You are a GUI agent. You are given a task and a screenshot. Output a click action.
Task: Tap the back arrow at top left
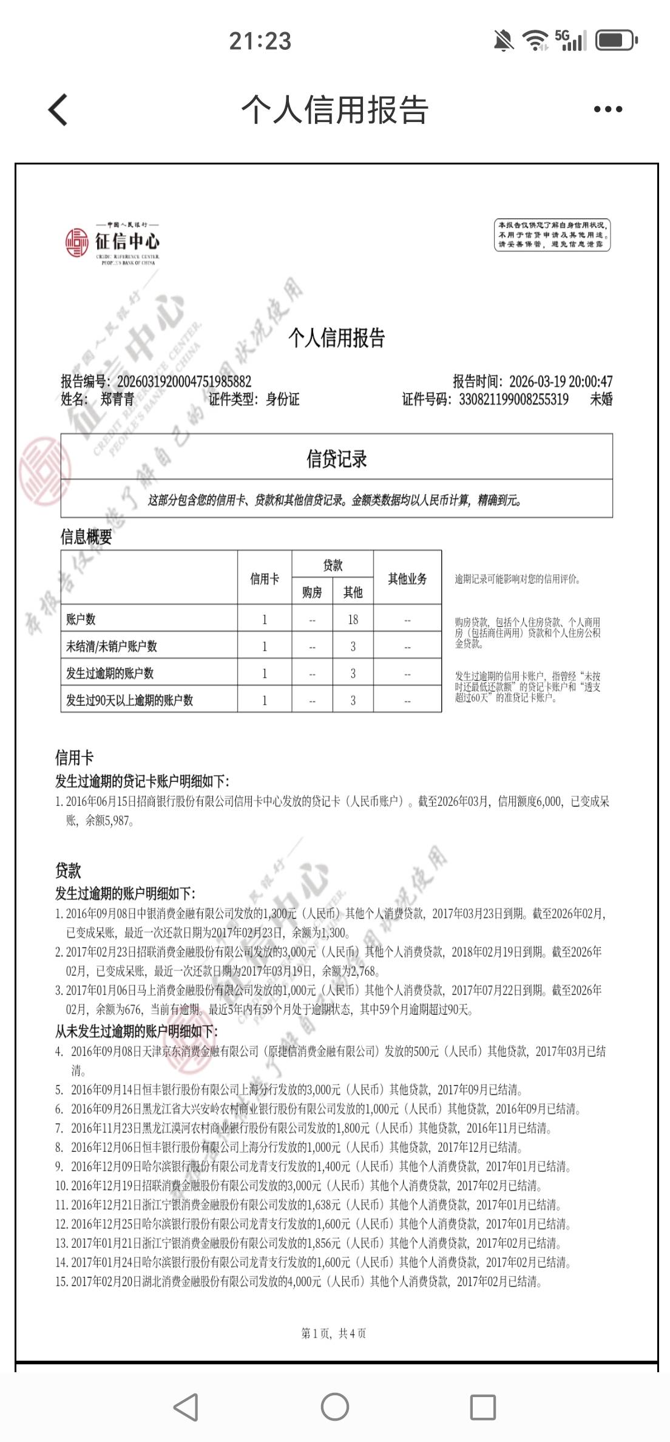pyautogui.click(x=58, y=110)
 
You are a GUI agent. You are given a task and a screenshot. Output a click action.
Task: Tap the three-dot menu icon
pyautogui.click(x=607, y=110)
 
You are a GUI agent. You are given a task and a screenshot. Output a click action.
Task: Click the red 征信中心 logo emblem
pyautogui.click(x=77, y=242)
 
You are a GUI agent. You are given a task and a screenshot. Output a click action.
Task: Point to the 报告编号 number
pyautogui.click(x=184, y=381)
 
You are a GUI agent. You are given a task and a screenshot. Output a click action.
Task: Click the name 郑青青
pyautogui.click(x=117, y=399)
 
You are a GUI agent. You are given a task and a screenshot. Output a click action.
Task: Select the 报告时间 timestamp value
pyautogui.click(x=561, y=381)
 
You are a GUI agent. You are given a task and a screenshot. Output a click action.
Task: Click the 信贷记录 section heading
pyautogui.click(x=336, y=459)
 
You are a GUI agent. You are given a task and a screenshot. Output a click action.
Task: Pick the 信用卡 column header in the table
pyautogui.click(x=265, y=578)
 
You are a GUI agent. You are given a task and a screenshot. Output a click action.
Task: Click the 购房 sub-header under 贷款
pyautogui.click(x=312, y=592)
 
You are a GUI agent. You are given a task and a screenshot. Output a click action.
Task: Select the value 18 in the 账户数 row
pyautogui.click(x=353, y=619)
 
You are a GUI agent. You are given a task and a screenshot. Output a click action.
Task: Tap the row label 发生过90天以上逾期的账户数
pyautogui.click(x=130, y=700)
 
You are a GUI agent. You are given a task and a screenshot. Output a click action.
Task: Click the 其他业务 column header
pyautogui.click(x=407, y=578)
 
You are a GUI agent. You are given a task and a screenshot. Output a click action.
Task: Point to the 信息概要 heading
pyautogui.click(x=86, y=537)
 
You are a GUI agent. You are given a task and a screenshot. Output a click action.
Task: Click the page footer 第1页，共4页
pyautogui.click(x=334, y=1333)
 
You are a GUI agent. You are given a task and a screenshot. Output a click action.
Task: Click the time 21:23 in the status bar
pyautogui.click(x=260, y=41)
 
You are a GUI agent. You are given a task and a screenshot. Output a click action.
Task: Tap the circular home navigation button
pyautogui.click(x=334, y=1406)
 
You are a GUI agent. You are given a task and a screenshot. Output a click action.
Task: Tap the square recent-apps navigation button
pyautogui.click(x=483, y=1406)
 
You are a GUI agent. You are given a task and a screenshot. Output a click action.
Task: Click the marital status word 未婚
pyautogui.click(x=601, y=399)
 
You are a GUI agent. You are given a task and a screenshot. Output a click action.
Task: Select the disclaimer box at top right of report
pyautogui.click(x=552, y=235)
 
